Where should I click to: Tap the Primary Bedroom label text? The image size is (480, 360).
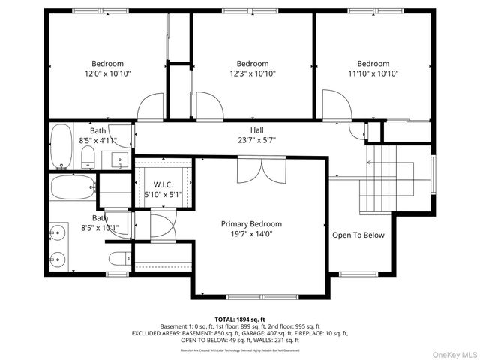(251, 224)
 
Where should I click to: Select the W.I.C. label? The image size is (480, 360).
(163, 184)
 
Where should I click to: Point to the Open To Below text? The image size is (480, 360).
(358, 235)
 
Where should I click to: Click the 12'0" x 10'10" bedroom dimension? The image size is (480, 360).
(107, 73)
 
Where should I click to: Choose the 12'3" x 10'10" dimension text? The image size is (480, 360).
(253, 73)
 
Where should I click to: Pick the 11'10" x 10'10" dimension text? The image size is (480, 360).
(373, 73)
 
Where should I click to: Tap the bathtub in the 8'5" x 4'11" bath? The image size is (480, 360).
(61, 146)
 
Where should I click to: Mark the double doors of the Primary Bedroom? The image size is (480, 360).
(251, 171)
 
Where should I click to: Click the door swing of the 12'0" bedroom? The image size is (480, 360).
(150, 106)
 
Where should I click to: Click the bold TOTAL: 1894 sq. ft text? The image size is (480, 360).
(240, 319)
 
